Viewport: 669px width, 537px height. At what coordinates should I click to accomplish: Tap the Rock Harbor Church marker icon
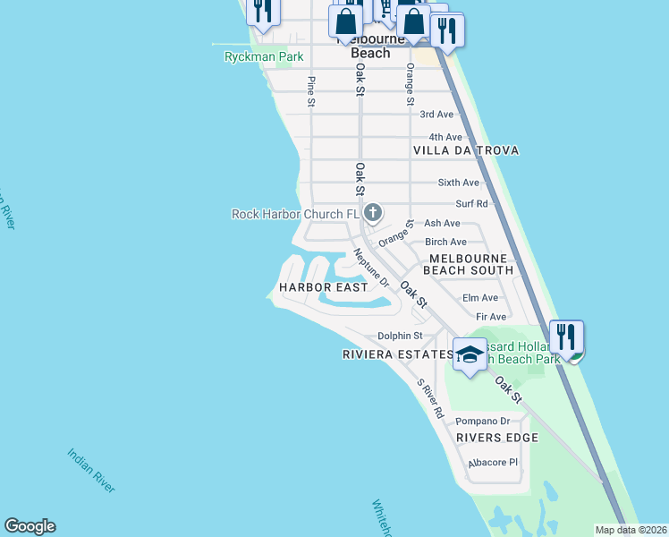[x=373, y=213]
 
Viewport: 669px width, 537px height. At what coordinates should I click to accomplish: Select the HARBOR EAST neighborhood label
[x=323, y=287]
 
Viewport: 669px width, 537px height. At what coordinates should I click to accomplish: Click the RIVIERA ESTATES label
[x=397, y=354]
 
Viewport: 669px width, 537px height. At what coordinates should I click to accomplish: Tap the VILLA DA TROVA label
[x=466, y=150]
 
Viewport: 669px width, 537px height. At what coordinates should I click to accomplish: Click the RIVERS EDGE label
[x=496, y=438]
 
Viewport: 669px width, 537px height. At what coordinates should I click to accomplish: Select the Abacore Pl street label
[x=493, y=463]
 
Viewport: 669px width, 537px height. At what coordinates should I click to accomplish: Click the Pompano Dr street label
[x=482, y=421]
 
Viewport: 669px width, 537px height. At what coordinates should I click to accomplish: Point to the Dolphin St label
[x=399, y=336]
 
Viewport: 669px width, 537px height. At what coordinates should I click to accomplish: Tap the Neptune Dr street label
[x=371, y=268]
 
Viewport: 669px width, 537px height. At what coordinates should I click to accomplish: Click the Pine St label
[x=311, y=92]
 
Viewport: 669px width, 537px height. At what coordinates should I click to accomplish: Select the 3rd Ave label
[x=436, y=114]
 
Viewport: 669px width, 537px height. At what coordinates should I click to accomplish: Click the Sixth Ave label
[x=458, y=182]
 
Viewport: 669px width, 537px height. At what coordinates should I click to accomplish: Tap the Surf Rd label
[x=470, y=204]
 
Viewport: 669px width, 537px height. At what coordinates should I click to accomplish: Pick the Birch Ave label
[x=445, y=242]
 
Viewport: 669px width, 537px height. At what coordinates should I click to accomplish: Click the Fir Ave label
[x=491, y=317]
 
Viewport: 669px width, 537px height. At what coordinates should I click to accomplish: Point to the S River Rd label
[x=430, y=399]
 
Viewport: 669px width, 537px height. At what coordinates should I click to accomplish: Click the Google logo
[x=30, y=526]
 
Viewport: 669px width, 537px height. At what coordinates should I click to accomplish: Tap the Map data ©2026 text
[x=631, y=530]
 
